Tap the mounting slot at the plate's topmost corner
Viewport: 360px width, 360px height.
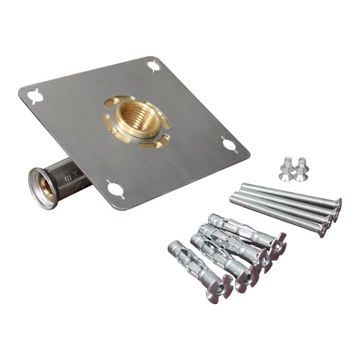click(x=153, y=66)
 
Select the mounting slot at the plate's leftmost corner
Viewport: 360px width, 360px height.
click(x=34, y=96)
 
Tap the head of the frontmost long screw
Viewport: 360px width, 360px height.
click(x=322, y=230)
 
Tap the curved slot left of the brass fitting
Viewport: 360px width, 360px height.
click(x=106, y=122)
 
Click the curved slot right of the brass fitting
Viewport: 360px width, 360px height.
click(x=166, y=123)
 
